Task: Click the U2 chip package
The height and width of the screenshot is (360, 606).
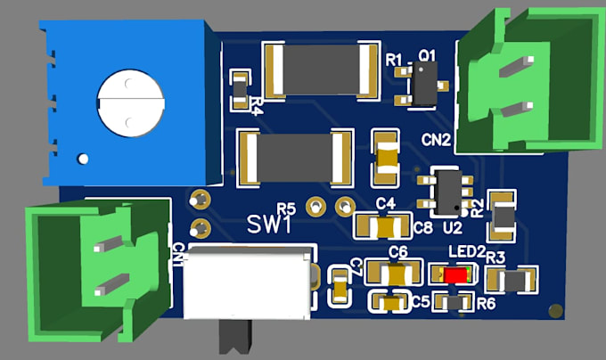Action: (446, 192)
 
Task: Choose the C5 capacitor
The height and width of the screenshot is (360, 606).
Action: (389, 304)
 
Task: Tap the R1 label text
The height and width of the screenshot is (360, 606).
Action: (395, 59)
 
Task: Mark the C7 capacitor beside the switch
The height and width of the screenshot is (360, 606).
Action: (340, 285)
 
